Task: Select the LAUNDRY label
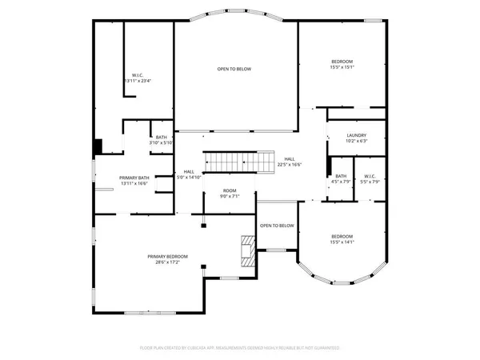[357, 135]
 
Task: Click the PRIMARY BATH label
[134, 178]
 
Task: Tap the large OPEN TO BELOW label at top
[234, 69]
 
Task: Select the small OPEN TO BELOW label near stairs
[277, 226]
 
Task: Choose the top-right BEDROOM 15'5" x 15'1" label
[342, 65]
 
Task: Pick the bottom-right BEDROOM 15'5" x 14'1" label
[342, 239]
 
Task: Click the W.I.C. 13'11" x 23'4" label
[138, 78]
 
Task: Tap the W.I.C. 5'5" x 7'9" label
[370, 179]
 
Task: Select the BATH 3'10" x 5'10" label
[162, 140]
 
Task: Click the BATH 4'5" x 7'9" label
[341, 179]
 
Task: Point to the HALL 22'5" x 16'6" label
[289, 162]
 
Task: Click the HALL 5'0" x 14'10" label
[190, 174]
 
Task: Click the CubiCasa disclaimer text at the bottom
[240, 348]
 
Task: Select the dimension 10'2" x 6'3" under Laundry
[357, 142]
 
